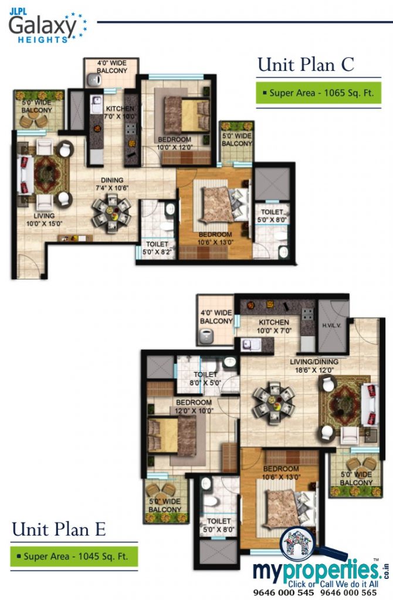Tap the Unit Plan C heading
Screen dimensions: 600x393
pos(306,64)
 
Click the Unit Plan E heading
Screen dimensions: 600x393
pos(59,530)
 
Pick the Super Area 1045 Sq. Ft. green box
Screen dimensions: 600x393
pos(73,555)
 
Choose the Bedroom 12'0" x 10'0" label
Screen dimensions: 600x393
pos(194,407)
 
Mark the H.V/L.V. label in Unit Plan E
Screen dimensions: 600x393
pos(331,326)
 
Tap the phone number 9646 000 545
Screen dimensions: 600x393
pos(280,593)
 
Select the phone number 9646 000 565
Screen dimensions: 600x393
pos(351,593)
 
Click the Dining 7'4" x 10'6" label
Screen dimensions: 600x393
pos(111,184)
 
